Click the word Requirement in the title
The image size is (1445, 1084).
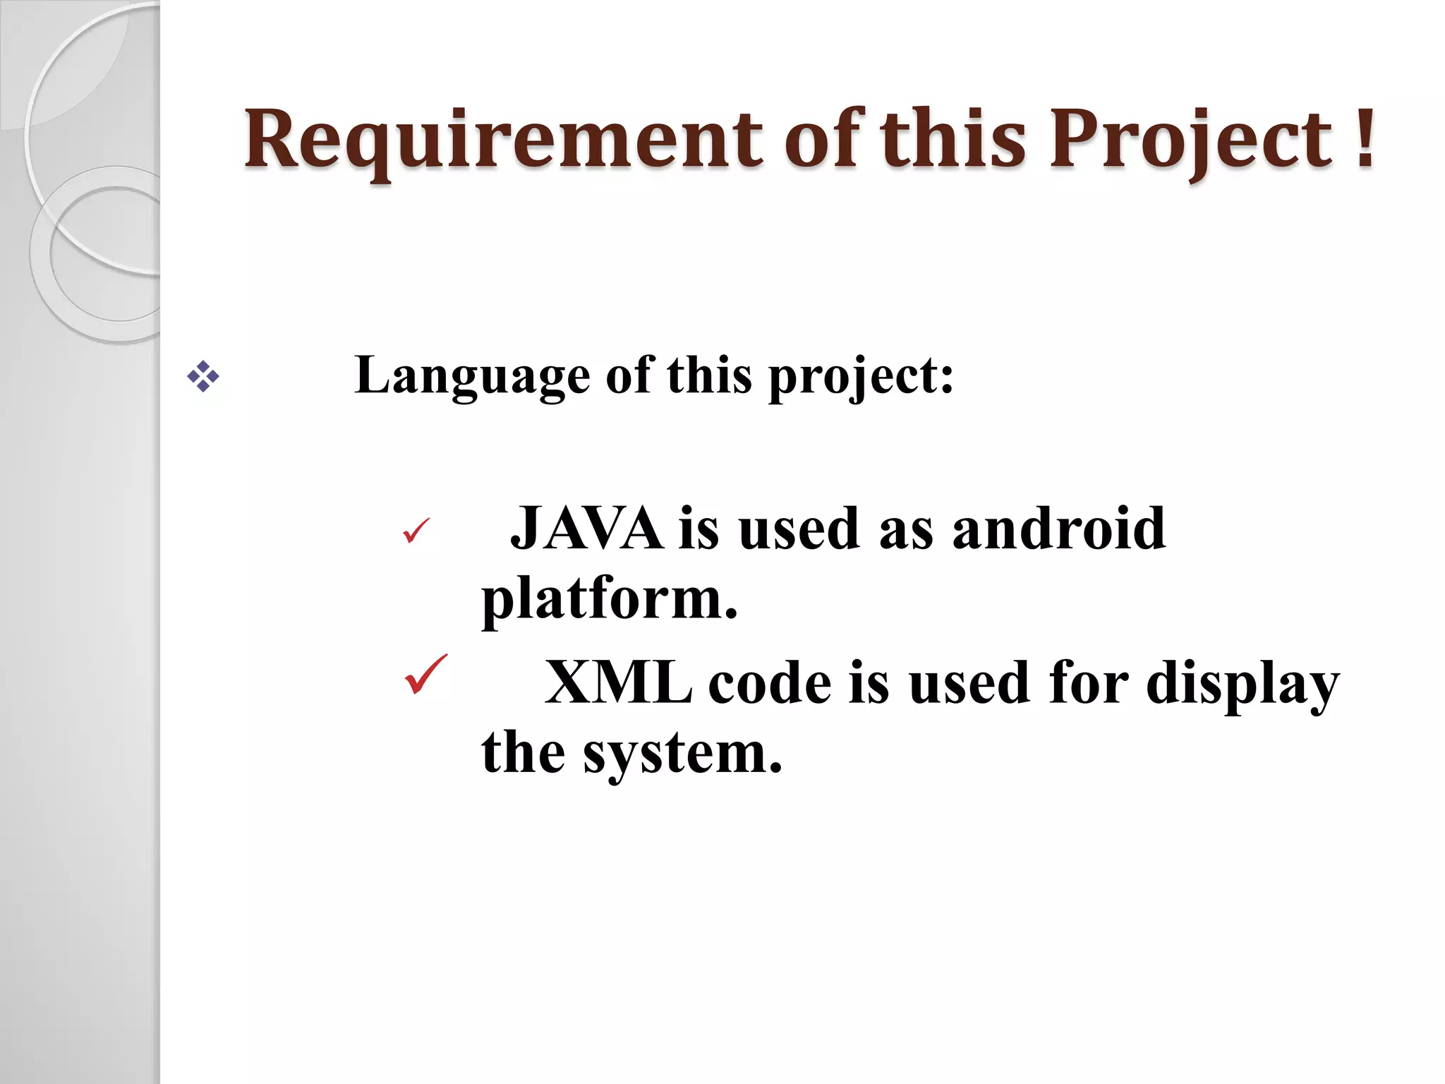point(503,140)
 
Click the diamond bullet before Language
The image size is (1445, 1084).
point(202,377)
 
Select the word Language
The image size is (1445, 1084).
point(472,376)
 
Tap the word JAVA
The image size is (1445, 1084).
point(586,529)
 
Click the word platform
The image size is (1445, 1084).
point(608,599)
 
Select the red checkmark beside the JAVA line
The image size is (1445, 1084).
point(416,531)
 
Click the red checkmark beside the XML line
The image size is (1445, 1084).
point(425,675)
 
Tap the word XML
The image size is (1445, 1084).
point(618,683)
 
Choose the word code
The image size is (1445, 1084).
point(770,683)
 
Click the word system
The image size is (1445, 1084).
point(682,754)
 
